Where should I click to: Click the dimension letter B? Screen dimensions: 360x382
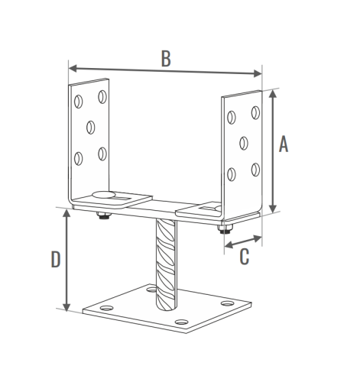pos(166,59)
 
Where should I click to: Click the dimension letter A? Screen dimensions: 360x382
pos(284,144)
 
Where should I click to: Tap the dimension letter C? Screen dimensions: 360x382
pos(245,257)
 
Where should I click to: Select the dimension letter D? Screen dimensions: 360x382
pos(56,260)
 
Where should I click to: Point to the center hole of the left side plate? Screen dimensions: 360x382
pos(91,128)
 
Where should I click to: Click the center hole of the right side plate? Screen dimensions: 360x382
pos(244,143)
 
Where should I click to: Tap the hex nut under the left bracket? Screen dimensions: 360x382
pos(103,216)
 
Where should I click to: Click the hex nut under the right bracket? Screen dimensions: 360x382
pos(225,230)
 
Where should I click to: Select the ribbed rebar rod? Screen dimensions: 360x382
pos(166,265)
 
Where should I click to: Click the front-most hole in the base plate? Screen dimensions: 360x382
pos(182,322)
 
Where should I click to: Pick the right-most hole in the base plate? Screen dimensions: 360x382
pos(227,303)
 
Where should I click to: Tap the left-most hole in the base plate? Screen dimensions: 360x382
pos(107,308)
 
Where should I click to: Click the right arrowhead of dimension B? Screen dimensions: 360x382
pos(258,73)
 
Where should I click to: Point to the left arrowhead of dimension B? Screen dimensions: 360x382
pos(73,69)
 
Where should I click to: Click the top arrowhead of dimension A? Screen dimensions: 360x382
pos(273,93)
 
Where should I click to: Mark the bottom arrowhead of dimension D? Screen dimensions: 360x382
pos(66,307)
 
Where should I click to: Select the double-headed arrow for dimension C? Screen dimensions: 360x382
pos(243,241)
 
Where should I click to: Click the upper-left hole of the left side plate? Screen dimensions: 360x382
pos(78,102)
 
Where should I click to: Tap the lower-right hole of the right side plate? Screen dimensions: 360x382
pos(255,170)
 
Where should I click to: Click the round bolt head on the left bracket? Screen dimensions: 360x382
pos(103,195)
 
